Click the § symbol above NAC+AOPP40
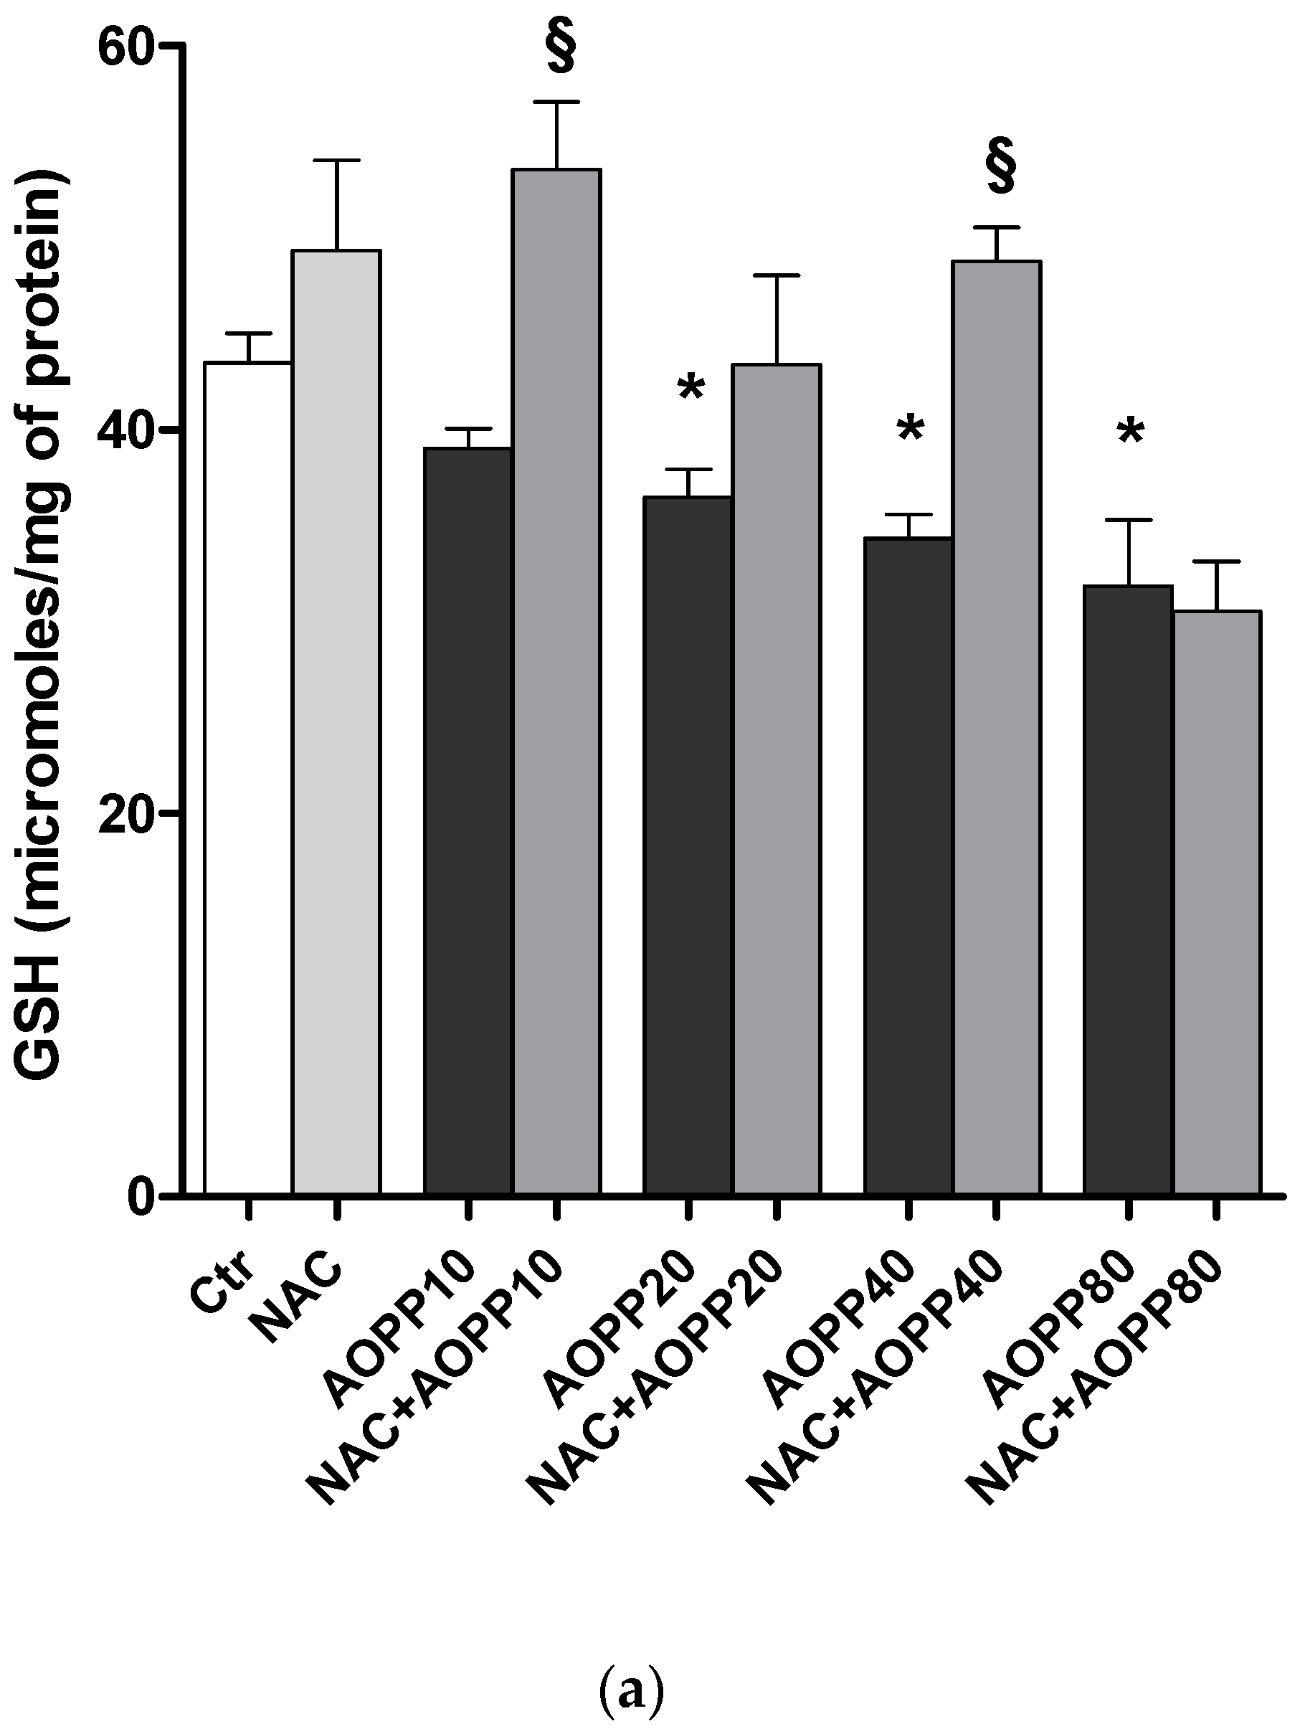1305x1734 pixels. click(x=1001, y=167)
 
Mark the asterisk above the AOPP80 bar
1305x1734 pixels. click(x=1131, y=433)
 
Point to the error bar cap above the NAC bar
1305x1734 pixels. click(x=336, y=161)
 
